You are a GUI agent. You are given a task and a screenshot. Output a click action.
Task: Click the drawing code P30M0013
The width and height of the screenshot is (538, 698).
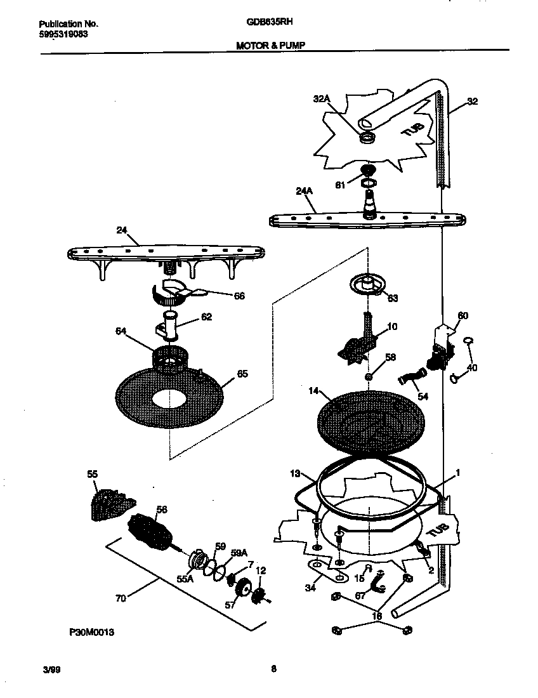pos(91,632)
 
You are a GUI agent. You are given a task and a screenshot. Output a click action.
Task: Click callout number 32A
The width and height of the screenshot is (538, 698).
pos(322,98)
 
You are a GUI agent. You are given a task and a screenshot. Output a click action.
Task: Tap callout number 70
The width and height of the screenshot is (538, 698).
pos(121,597)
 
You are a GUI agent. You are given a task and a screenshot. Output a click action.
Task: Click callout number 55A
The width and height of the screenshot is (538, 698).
pos(186,578)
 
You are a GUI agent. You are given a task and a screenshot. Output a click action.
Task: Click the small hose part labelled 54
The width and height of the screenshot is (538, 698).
pos(411,379)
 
